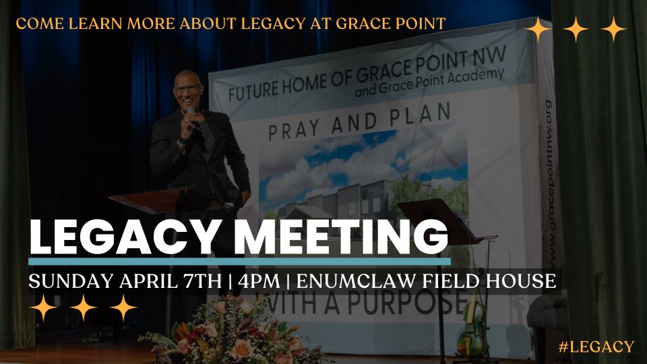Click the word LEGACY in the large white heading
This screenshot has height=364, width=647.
coord(123,237)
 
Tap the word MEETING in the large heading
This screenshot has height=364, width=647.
coord(340,237)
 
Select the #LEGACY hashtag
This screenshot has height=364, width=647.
coord(596,346)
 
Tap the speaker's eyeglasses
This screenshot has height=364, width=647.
coord(188,88)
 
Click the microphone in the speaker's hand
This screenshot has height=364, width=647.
coord(193,117)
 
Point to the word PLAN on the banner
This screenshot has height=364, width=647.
coord(420,115)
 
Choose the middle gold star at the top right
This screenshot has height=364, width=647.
coord(576,29)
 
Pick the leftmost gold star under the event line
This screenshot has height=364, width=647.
coord(43,307)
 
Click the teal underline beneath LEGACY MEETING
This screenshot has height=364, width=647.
coord(239,262)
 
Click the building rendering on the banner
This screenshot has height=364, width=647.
coord(363,202)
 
